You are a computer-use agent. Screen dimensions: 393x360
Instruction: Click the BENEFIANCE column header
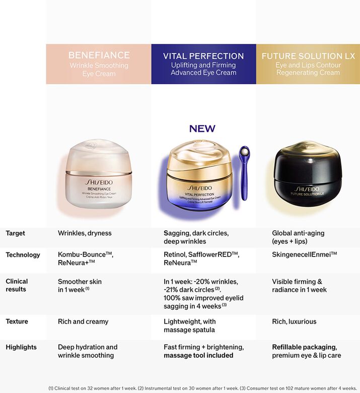(x=99, y=64)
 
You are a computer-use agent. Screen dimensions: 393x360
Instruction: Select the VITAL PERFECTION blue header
(x=203, y=64)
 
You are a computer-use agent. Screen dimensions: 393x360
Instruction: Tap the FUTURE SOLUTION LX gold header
(x=308, y=64)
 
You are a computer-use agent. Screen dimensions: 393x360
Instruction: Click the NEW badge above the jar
(x=202, y=129)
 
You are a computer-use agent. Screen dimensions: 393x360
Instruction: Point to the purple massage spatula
(x=244, y=172)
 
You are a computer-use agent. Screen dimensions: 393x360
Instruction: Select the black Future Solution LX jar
(x=308, y=174)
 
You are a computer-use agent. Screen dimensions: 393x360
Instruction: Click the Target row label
(x=15, y=233)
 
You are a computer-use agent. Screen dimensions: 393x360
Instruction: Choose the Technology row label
(x=23, y=255)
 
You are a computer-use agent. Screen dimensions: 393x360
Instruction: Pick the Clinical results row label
(x=17, y=285)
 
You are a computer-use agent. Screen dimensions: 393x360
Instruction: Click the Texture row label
(x=17, y=321)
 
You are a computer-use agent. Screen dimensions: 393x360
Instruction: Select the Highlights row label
(x=21, y=347)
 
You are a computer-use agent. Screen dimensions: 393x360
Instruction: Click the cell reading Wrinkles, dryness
(x=85, y=233)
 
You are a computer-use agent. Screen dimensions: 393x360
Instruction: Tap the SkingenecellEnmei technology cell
(x=304, y=255)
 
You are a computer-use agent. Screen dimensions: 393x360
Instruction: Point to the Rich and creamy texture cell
(x=83, y=321)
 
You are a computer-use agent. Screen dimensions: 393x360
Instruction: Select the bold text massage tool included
(x=198, y=355)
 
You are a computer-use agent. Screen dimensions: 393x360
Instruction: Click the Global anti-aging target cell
(x=298, y=237)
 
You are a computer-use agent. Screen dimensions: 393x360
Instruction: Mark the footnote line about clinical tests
(x=201, y=388)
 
